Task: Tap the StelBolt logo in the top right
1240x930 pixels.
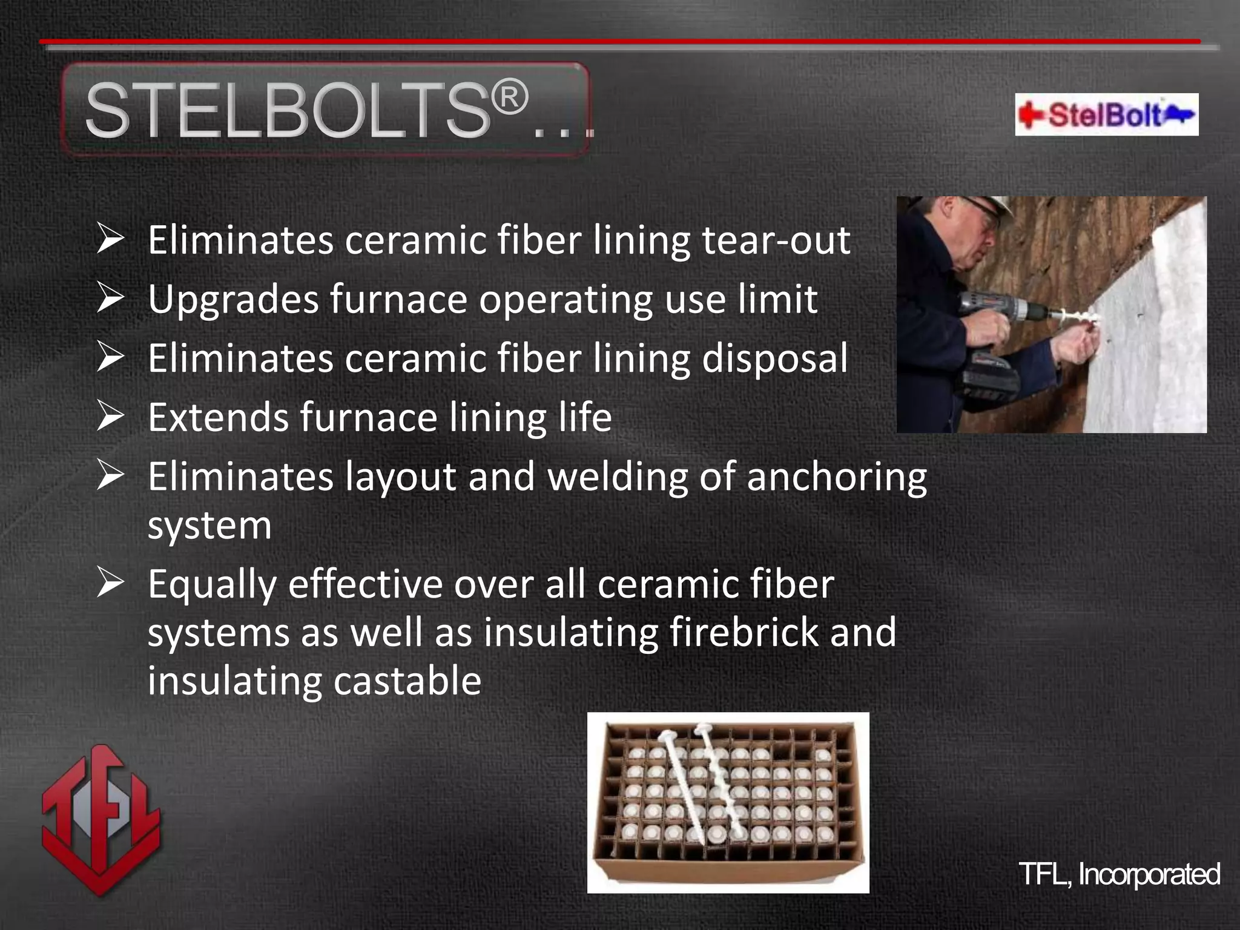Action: click(x=1106, y=114)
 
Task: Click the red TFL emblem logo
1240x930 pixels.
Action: click(x=101, y=819)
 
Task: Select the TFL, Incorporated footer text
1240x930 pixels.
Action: click(x=1119, y=873)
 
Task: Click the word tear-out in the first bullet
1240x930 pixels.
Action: click(x=776, y=240)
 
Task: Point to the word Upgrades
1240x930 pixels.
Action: click(x=233, y=300)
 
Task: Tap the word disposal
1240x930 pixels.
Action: click(x=774, y=358)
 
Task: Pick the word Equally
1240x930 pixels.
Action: click(x=212, y=585)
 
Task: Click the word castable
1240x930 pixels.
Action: click(x=407, y=681)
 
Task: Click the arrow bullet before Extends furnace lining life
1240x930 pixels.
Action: click(x=110, y=417)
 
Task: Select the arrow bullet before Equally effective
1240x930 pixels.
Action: click(x=110, y=584)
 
